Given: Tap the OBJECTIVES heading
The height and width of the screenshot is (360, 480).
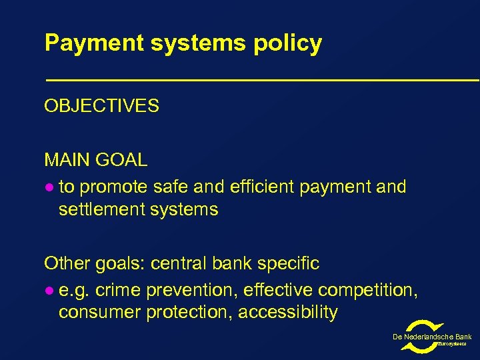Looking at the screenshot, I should tap(101, 106).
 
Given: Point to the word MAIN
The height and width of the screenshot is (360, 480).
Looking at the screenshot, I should tap(65, 160).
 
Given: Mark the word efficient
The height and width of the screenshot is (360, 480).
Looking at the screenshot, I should tap(262, 187).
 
